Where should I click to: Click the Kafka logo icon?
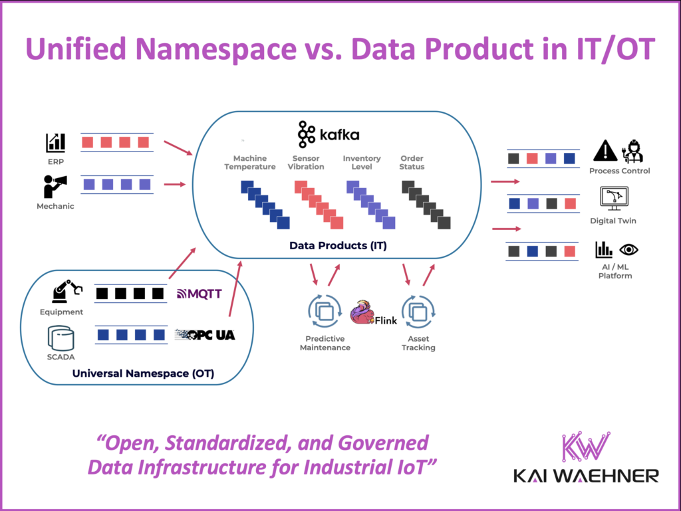307,134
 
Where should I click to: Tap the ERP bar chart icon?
55,142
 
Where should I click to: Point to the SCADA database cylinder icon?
61,338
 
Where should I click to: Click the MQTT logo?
199,293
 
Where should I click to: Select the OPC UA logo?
204,335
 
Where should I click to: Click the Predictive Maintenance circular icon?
324,311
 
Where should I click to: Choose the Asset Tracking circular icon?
418,311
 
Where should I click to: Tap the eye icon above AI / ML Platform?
628,250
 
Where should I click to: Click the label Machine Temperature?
250,163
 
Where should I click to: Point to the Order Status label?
412,163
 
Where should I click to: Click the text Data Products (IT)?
338,246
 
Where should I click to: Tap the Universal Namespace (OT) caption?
143,373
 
